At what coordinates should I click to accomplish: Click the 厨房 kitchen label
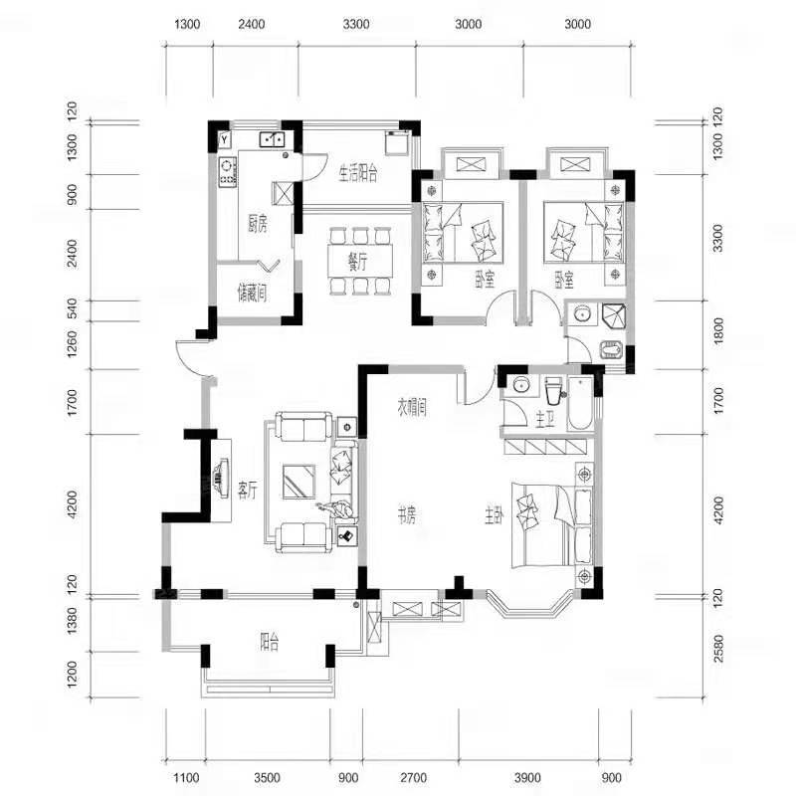click(x=258, y=224)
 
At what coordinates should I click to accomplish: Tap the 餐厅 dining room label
click(x=357, y=263)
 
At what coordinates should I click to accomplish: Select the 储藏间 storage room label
click(x=253, y=294)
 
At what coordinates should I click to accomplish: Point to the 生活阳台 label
click(x=358, y=174)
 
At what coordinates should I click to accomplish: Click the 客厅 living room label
click(x=248, y=491)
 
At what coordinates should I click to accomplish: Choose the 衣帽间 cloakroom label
click(x=412, y=408)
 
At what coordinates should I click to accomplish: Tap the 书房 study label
click(x=407, y=516)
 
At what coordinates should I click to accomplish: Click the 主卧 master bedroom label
click(x=494, y=516)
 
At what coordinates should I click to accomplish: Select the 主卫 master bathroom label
click(x=544, y=419)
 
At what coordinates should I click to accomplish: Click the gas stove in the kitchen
click(x=227, y=170)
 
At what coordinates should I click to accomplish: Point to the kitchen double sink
click(x=273, y=138)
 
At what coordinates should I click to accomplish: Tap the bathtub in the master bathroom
click(x=580, y=404)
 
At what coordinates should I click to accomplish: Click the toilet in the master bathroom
click(x=553, y=390)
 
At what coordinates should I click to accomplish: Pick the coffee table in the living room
click(x=299, y=482)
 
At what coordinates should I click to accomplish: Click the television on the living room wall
click(x=221, y=478)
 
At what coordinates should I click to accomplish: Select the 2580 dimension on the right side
click(x=716, y=649)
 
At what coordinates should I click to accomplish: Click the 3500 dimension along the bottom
click(x=267, y=777)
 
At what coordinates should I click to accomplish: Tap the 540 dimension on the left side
click(x=72, y=308)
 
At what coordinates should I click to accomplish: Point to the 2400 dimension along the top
click(x=252, y=24)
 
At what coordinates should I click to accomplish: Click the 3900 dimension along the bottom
click(x=527, y=777)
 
